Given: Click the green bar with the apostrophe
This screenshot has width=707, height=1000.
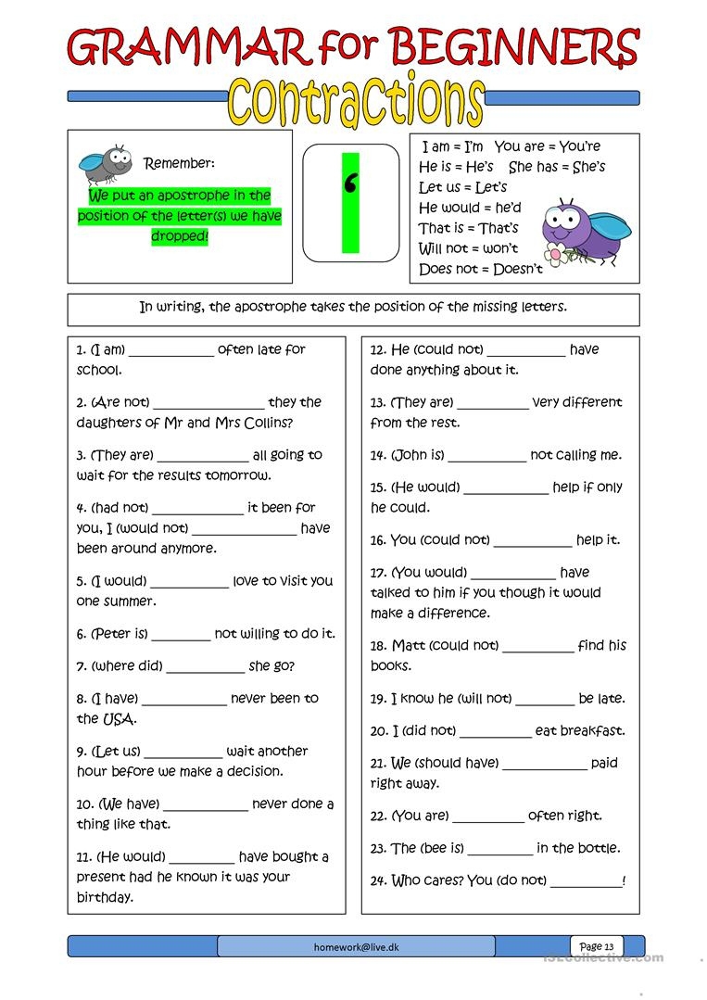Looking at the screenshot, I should click(350, 203).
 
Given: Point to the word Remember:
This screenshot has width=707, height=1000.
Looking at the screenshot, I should click(179, 163).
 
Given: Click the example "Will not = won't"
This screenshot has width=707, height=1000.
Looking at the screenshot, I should click(468, 248).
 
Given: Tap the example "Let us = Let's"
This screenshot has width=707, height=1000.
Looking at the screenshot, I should click(462, 187).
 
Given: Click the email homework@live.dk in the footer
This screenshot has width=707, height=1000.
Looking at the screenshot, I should click(355, 946).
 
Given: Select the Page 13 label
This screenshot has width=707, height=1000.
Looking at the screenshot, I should click(596, 946).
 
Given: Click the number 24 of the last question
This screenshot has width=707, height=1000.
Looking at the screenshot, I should click(378, 880).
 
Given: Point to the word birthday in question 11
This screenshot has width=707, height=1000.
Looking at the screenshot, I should click(105, 897).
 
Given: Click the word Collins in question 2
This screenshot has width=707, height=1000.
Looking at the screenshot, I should click(266, 423).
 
